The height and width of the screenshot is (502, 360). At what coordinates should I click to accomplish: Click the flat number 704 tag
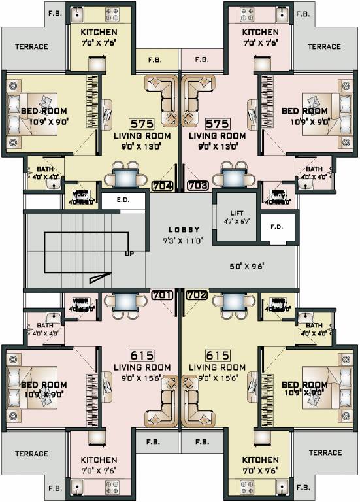[x=163, y=186]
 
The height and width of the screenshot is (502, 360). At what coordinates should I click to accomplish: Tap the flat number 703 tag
[x=197, y=186]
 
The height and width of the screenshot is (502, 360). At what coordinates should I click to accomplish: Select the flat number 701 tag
[x=162, y=295]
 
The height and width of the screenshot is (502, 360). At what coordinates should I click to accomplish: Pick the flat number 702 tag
[x=197, y=295]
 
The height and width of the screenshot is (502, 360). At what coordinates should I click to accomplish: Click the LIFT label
[x=237, y=214]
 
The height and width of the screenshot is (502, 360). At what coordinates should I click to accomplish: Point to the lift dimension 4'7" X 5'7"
[x=237, y=223]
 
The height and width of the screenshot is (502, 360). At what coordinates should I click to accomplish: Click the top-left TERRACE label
[x=32, y=47]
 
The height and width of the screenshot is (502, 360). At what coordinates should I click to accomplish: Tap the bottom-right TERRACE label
[x=325, y=452]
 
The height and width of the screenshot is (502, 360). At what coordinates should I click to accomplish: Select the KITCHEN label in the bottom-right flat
[x=260, y=460]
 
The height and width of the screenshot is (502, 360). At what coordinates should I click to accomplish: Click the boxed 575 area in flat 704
[x=142, y=124]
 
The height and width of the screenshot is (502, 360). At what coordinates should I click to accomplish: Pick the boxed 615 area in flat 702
[x=217, y=355]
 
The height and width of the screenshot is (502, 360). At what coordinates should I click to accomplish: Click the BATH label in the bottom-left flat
[x=44, y=325]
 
